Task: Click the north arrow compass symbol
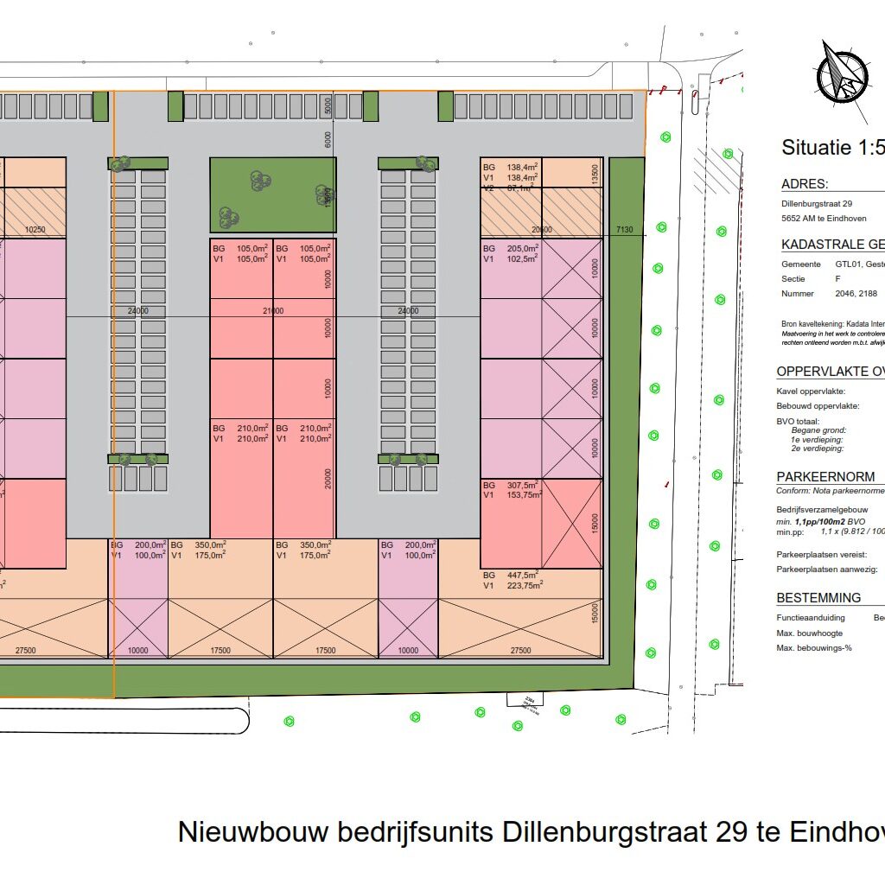coord(843,73)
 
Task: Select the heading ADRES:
coord(805,184)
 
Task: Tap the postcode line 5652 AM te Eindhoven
coord(823,219)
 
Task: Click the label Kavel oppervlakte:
coord(811,391)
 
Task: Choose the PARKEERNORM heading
coord(825,477)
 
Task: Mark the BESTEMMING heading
coord(818,598)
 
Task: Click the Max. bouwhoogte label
coord(809,633)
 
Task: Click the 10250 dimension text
coord(35,230)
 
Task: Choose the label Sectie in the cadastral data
coord(793,279)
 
